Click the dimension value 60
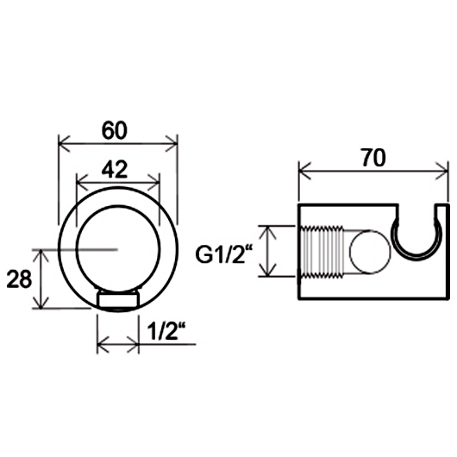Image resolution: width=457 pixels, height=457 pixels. (115, 130)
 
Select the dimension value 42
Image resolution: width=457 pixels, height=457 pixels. (115, 169)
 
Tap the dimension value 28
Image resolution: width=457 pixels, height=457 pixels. (19, 279)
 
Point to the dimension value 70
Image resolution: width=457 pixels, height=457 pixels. (374, 158)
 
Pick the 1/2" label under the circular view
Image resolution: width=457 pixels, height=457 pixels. (166, 331)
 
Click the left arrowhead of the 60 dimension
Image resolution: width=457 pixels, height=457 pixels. (64, 143)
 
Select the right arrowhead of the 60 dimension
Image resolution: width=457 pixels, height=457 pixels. (172, 143)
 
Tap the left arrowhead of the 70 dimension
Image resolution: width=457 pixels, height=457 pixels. (305, 171)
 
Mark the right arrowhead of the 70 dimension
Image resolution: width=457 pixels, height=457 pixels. (441, 171)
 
